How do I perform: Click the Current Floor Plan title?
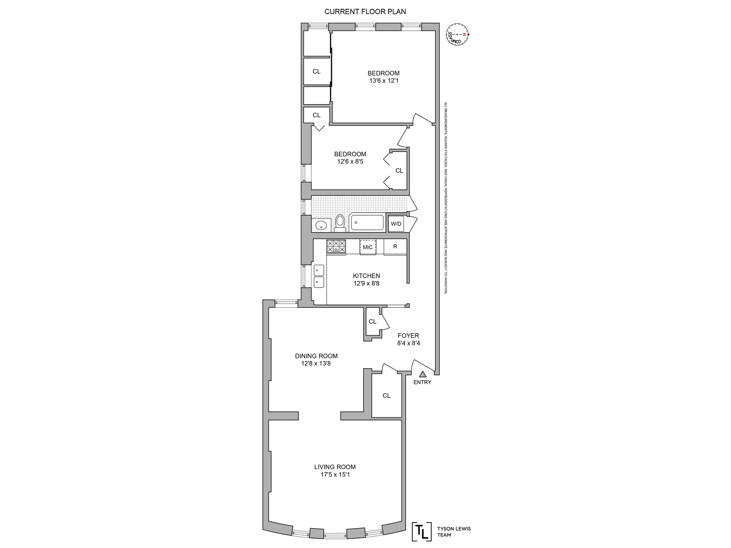[365, 12]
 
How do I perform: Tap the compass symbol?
[457, 34]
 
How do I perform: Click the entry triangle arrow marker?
[423, 374]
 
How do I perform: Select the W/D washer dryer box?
[396, 224]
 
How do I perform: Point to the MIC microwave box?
[368, 247]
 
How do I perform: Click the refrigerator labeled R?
[395, 247]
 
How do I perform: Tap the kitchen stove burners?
[336, 246]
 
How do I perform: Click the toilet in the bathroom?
[340, 223]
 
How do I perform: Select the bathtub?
[367, 222]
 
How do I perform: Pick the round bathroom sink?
[321, 225]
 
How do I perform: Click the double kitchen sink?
[319, 276]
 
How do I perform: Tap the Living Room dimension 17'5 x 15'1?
[335, 475]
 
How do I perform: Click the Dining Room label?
[316, 356]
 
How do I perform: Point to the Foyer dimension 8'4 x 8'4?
[408, 343]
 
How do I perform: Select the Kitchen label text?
[366, 276]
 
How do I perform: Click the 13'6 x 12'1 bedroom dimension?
[383, 81]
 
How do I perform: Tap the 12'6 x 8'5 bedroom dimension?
[350, 161]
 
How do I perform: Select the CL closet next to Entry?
[386, 396]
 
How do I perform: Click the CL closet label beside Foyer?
[372, 321]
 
